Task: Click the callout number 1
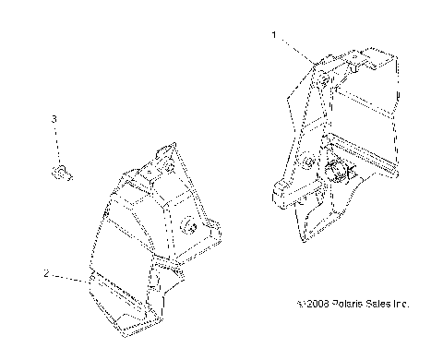point(274,34)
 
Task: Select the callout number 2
point(45,273)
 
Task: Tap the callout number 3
point(54,119)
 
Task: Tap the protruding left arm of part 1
point(281,193)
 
